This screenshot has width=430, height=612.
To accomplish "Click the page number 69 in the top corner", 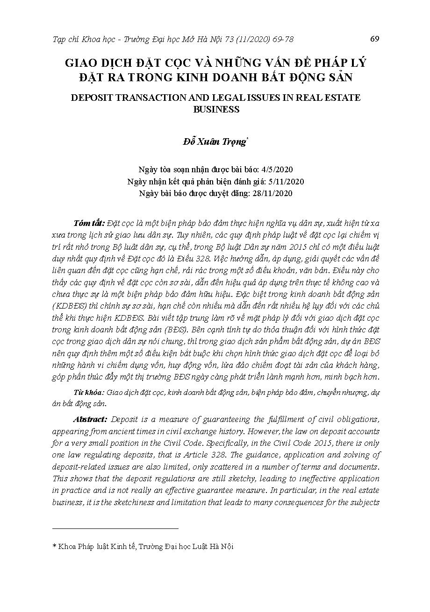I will click(x=374, y=39).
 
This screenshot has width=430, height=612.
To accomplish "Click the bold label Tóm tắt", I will click(x=89, y=221).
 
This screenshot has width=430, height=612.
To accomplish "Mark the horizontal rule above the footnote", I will click(x=115, y=528).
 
